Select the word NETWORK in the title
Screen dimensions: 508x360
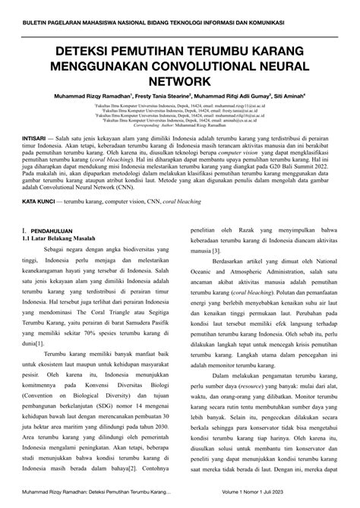[x=179, y=80]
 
